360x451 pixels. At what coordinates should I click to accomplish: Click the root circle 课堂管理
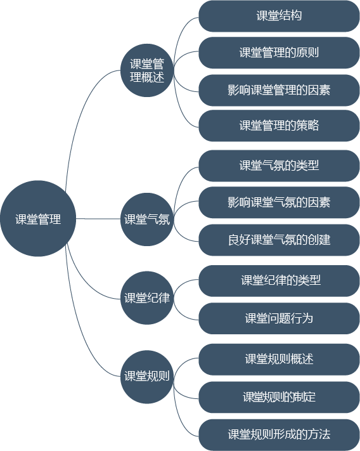coord(38,219)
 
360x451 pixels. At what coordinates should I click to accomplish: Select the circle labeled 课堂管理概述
coord(147,70)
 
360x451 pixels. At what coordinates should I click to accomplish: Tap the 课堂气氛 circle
coord(147,219)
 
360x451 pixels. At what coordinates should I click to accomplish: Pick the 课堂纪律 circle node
coord(147,298)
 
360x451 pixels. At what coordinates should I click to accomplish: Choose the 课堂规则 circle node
coord(147,377)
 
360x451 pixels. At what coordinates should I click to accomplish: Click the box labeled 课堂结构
coord(279,16)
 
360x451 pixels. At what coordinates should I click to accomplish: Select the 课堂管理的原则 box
coord(279,53)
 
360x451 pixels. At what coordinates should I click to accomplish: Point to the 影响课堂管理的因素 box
coord(279,90)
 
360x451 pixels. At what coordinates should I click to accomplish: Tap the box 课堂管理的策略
coord(279,126)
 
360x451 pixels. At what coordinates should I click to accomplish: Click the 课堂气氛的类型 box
coord(279,166)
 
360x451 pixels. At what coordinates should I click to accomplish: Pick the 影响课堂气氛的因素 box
coord(279,202)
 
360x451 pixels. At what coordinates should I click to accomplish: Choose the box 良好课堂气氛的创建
coord(279,240)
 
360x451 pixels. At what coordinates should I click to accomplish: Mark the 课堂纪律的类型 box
coord(279,281)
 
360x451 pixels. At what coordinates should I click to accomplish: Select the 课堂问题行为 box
coord(279,318)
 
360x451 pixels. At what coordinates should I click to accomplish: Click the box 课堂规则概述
coord(279,360)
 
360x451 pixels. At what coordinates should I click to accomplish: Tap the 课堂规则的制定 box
coord(279,398)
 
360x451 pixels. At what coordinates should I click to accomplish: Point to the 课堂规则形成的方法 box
coord(279,435)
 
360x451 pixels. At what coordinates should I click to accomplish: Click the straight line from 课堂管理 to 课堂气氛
coord(98,219)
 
